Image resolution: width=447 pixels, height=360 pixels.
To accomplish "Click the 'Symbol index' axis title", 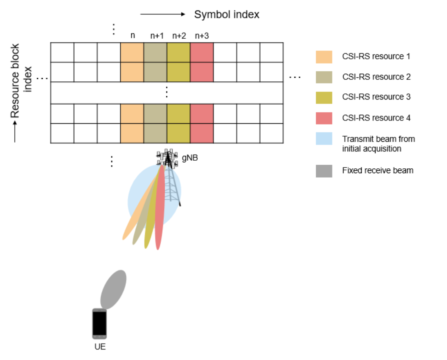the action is coord(227,15).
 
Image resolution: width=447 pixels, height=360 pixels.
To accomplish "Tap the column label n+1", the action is coord(157,36).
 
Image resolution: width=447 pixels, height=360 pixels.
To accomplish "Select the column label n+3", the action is coord(202,36).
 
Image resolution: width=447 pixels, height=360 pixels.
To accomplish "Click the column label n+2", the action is coord(179,36).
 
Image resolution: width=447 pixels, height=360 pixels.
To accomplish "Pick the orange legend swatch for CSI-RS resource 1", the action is coord(324,57).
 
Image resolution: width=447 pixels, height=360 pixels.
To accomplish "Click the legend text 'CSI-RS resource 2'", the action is coord(376,77).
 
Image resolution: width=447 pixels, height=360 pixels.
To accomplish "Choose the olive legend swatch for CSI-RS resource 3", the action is coord(324,97).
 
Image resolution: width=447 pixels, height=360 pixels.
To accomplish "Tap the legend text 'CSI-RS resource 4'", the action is coord(376,118).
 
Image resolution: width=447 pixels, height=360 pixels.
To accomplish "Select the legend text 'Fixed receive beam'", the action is coord(378,170).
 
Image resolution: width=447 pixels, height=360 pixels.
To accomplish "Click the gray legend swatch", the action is coord(324,171).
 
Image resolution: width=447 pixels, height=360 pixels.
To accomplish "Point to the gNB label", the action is coord(190,158).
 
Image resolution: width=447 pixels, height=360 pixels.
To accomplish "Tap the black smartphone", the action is coord(99,323).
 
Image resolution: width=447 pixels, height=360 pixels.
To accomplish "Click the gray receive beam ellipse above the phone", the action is coord(113,289).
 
